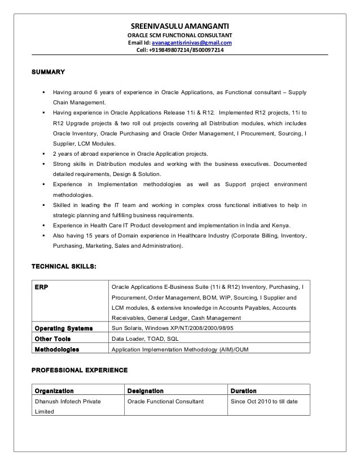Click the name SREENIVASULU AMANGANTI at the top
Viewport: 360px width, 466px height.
(x=179, y=26)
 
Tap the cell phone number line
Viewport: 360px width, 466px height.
(x=179, y=50)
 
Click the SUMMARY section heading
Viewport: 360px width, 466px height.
(x=48, y=72)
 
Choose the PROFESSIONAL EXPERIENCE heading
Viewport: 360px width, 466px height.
(x=79, y=370)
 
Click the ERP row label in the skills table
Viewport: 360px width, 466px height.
(x=41, y=287)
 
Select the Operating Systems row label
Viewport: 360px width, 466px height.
(x=64, y=328)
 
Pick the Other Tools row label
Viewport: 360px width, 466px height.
(x=52, y=338)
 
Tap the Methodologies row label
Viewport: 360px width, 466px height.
(x=57, y=349)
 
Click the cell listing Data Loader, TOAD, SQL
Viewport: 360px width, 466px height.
(x=146, y=338)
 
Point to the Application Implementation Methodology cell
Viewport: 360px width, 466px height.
(x=180, y=349)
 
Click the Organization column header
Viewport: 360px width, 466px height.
(x=54, y=390)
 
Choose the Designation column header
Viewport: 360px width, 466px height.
(x=146, y=390)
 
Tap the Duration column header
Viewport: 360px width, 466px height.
(x=243, y=390)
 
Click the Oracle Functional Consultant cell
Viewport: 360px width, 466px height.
(x=165, y=401)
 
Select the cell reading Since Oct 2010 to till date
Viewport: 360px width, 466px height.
(x=264, y=401)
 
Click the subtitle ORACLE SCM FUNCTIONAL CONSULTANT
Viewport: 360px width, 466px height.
(x=179, y=35)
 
